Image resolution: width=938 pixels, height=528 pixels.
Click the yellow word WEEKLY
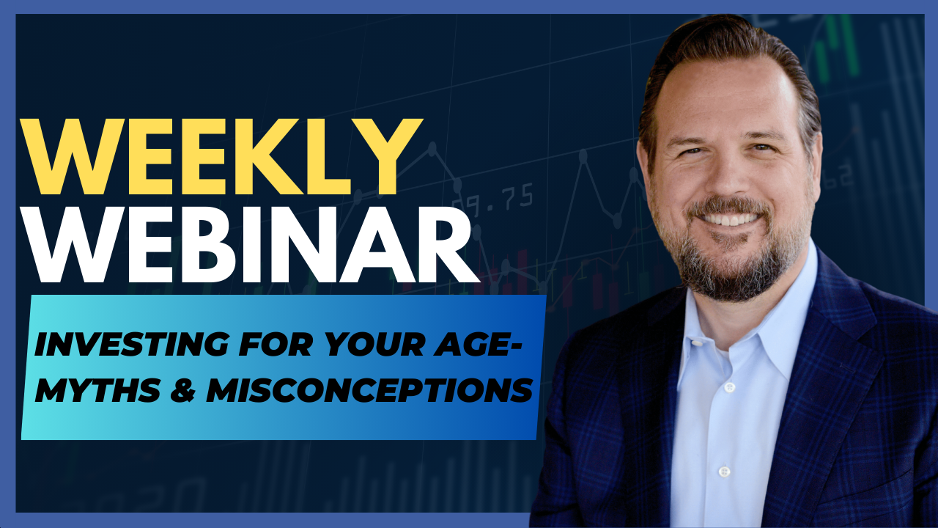[221, 157]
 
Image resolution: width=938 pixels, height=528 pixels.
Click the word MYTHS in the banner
[97, 389]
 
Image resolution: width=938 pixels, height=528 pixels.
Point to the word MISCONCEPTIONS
[370, 389]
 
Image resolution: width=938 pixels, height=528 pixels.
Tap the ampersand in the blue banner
[183, 390]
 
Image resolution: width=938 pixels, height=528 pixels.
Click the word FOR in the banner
[276, 344]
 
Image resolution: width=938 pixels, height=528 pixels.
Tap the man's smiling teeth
[730, 219]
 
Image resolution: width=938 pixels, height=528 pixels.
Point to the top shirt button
[729, 386]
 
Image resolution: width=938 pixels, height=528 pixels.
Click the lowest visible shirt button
[725, 472]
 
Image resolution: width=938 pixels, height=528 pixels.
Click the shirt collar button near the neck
[696, 342]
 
